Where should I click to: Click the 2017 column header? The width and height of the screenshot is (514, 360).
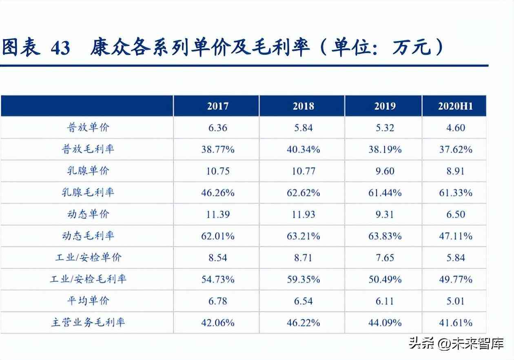point(217,106)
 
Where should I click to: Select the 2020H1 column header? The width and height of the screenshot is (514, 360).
point(455,106)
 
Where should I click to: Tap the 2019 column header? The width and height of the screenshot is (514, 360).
point(385,106)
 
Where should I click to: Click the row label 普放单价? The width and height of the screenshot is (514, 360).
point(88,128)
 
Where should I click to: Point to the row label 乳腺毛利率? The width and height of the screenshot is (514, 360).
point(88,193)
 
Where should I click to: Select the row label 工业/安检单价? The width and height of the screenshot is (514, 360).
point(88,258)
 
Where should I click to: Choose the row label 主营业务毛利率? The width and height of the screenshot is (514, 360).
point(88,322)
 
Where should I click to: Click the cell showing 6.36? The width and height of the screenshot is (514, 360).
point(217,128)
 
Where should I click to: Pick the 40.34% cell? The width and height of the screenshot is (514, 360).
point(303,149)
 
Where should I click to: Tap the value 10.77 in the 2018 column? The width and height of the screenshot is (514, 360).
point(303,171)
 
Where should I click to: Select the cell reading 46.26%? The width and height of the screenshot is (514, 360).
point(217,193)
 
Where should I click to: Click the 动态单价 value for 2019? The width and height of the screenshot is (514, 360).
point(385,214)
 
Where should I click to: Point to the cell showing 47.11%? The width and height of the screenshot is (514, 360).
point(455,236)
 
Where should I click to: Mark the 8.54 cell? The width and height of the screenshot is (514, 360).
point(217,258)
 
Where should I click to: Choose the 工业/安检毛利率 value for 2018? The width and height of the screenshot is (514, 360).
point(303,279)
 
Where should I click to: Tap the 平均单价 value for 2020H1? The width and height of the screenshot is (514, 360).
point(455,301)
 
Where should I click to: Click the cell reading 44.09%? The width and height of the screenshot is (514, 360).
point(385,322)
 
